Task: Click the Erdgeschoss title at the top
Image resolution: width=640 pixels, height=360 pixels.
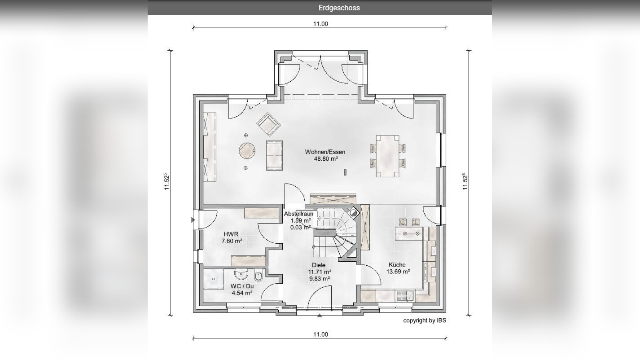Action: (339, 8)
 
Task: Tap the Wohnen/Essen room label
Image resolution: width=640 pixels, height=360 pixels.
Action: (325, 152)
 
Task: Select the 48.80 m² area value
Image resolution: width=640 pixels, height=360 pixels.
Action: (326, 159)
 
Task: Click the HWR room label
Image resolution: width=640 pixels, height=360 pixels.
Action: (231, 234)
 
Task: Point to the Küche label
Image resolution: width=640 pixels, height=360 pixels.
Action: (397, 265)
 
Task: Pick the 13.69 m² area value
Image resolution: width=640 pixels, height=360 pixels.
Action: (398, 272)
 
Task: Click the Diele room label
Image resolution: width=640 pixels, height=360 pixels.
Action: (319, 265)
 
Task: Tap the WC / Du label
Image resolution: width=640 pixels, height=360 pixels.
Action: (242, 286)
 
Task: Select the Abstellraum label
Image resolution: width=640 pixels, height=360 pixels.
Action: (298, 214)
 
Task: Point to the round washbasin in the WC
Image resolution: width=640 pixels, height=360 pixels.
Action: (241, 274)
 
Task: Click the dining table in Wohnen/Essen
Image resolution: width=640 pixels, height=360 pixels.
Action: (388, 156)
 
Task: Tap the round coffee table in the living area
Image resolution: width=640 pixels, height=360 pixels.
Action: (247, 151)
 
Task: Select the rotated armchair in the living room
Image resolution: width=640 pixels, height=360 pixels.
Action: (268, 124)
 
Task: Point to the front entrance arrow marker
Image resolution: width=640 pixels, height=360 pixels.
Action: (320, 316)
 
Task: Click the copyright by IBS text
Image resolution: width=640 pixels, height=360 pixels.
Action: (425, 320)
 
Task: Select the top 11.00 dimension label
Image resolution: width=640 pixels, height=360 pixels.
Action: (320, 24)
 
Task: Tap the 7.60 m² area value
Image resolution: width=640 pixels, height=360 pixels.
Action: (232, 241)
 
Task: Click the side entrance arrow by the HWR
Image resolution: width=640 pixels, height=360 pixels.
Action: (193, 220)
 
